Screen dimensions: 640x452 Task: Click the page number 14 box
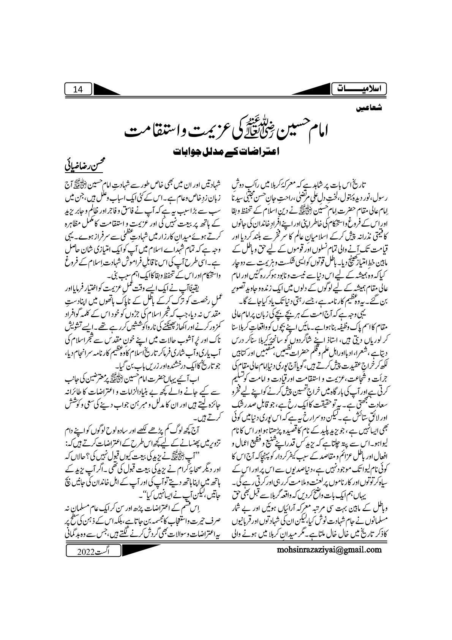(78, 89)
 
